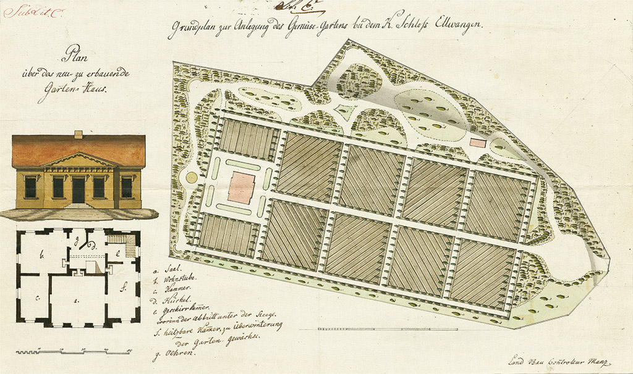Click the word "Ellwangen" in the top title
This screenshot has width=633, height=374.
pyautogui.click(x=465, y=27)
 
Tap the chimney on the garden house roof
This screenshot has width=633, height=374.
pyautogui.click(x=78, y=134)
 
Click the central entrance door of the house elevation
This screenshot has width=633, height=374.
pyautogui.click(x=79, y=189)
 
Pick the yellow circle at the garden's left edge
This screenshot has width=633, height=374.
pyautogui.click(x=192, y=178)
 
